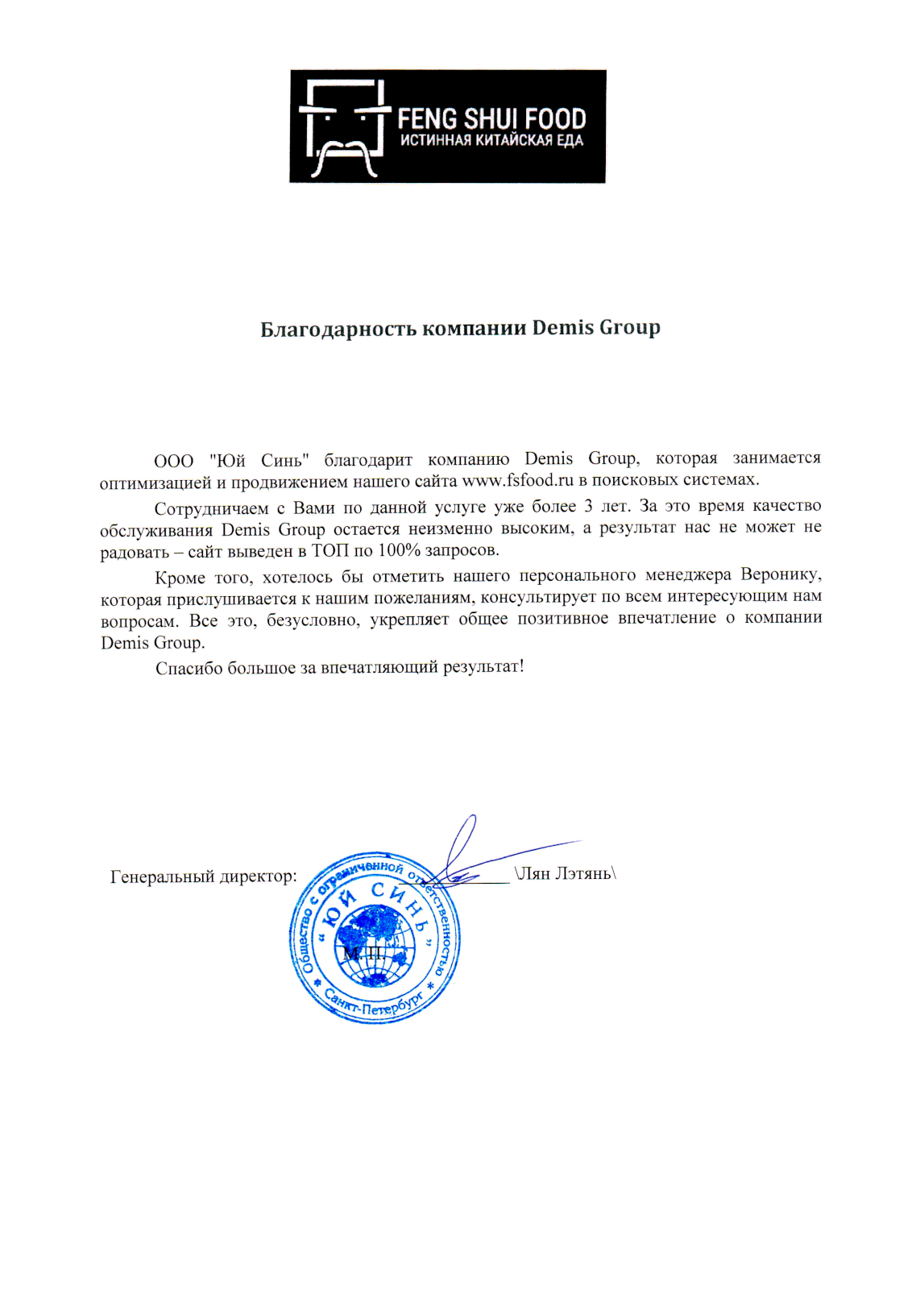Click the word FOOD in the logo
click(555, 119)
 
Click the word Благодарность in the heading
click(338, 330)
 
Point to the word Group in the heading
click(630, 329)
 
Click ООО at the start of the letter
click(173, 461)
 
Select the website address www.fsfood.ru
click(517, 480)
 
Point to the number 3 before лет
click(589, 507)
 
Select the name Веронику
click(781, 575)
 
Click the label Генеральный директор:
click(203, 877)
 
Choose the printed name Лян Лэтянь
click(565, 874)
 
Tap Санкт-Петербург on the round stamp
click(375, 1004)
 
